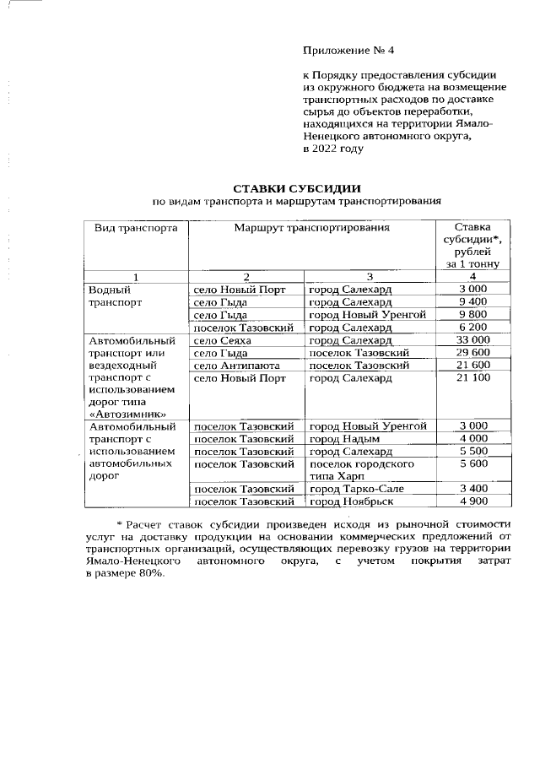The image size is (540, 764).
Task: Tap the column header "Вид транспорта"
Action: pos(135,228)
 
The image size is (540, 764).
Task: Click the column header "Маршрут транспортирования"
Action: pos(311,228)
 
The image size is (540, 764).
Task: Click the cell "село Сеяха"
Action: pos(223,339)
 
